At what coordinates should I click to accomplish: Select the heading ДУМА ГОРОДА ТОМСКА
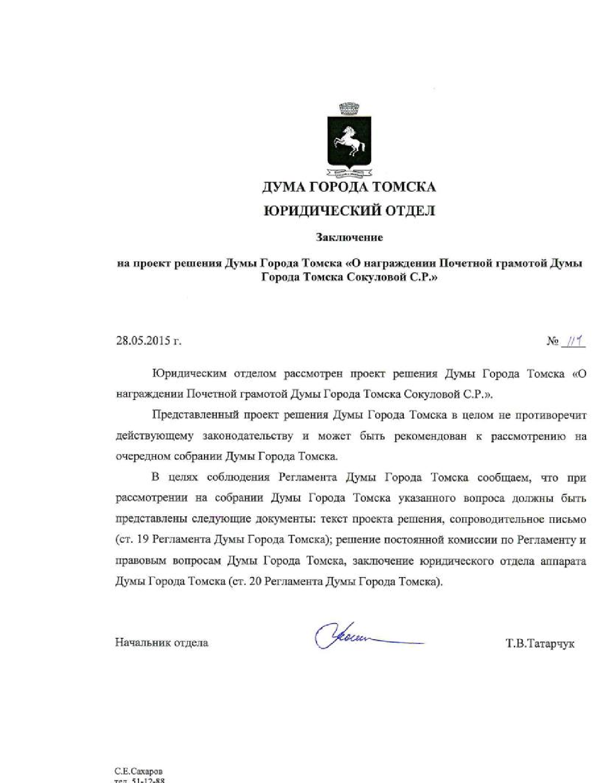[x=349, y=187]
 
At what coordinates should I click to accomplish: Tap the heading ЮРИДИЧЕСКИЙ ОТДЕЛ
[x=349, y=211]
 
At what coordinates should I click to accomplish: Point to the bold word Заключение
[x=349, y=237]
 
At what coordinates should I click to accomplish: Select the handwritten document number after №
[x=572, y=341]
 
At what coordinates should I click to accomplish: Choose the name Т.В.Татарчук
[x=540, y=644]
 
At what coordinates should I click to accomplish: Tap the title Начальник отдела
[x=161, y=643]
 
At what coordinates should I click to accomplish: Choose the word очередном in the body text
[x=145, y=457]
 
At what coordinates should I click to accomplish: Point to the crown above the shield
[x=349, y=109]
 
